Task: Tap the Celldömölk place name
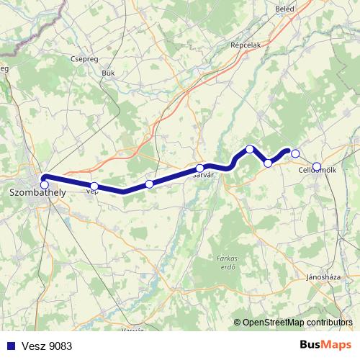[x=318, y=171]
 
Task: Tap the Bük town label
[x=109, y=73]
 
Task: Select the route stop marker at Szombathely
[x=45, y=185]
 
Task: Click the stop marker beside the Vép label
[x=94, y=186]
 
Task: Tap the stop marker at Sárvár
[x=199, y=168]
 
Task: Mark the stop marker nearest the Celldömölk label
[x=317, y=167]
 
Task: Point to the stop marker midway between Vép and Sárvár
[x=149, y=184]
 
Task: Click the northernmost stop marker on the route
[x=250, y=149]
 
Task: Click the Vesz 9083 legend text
[x=46, y=346]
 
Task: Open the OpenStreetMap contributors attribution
[x=297, y=322]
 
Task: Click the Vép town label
[x=91, y=192]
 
